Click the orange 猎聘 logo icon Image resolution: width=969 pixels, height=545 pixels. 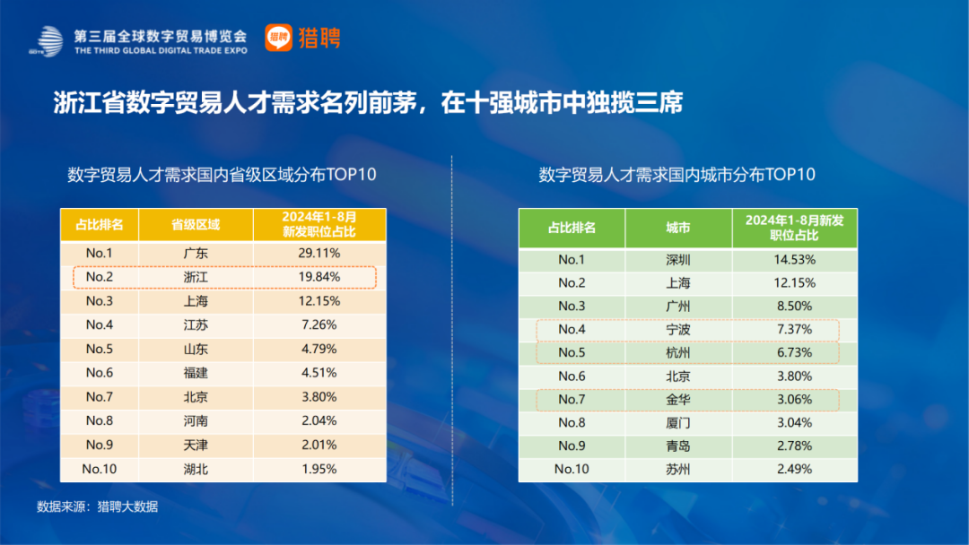pos(279,38)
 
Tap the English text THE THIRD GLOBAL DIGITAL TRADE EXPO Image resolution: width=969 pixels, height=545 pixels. pos(161,52)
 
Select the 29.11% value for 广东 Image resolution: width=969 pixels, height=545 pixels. pos(319,254)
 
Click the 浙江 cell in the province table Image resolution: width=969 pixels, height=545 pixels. pos(195,277)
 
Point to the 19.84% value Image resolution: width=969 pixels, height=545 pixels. pos(319,277)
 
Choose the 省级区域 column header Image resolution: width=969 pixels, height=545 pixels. pos(195,224)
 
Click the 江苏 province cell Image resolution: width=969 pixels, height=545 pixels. pos(195,324)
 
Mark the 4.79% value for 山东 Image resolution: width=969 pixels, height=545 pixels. pos(319,349)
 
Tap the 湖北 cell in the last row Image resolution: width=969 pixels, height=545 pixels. pos(195,469)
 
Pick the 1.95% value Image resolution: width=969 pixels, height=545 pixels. pos(319,469)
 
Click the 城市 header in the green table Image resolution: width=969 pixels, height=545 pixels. pos(678,228)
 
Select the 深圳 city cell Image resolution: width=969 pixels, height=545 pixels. pos(678,260)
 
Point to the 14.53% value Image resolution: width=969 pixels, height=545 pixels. pos(795,260)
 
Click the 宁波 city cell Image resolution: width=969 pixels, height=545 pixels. pos(678,330)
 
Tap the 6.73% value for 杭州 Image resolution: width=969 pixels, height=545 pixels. pos(795,353)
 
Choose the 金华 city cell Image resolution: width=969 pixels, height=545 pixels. pos(678,400)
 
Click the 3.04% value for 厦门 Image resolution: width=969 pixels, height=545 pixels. pos(795,423)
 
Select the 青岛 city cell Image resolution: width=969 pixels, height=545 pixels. pos(678,446)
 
